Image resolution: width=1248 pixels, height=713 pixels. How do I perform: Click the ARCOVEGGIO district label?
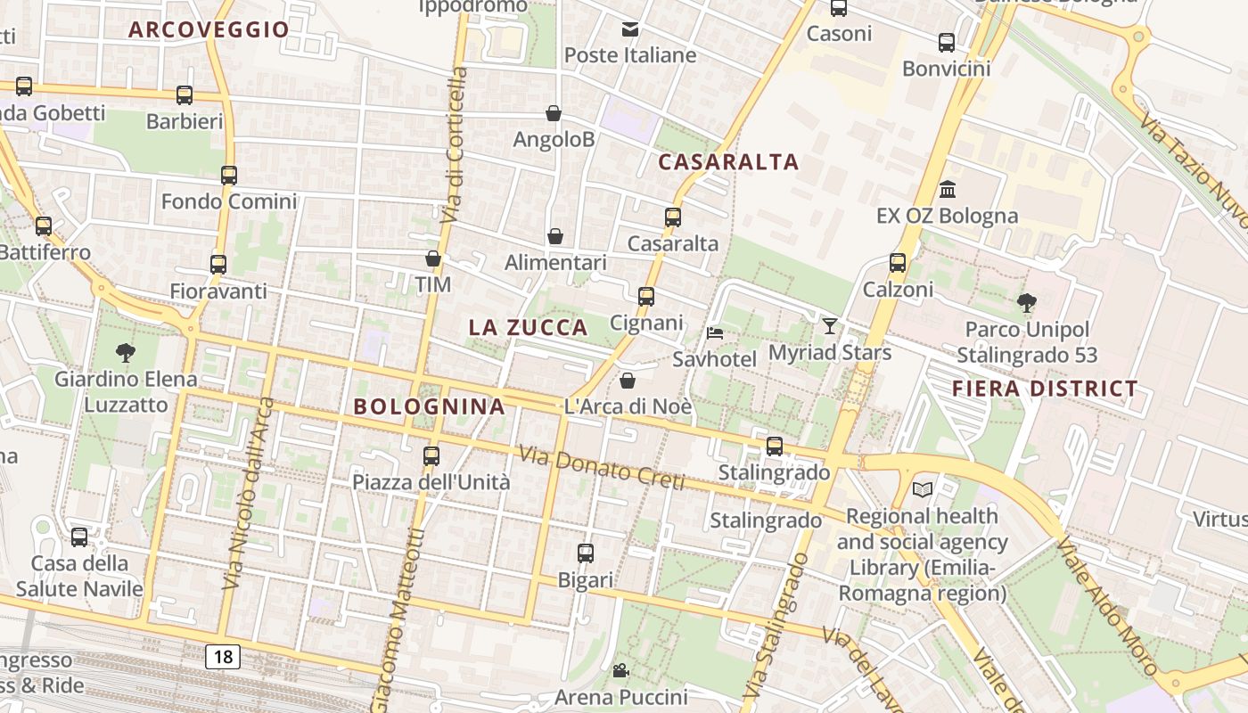[x=209, y=29]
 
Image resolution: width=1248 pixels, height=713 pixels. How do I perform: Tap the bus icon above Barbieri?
[x=185, y=94]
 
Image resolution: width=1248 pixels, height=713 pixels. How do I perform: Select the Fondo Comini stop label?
[x=228, y=201]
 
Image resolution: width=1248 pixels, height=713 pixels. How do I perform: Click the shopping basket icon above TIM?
[x=433, y=258]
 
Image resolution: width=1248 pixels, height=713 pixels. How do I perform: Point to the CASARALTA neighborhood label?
[x=728, y=162]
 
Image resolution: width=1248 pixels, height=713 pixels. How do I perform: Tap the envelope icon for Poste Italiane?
[x=630, y=29]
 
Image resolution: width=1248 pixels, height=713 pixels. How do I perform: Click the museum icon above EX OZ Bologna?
[x=947, y=190]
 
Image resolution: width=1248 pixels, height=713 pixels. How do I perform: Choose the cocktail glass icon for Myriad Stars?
[x=830, y=326]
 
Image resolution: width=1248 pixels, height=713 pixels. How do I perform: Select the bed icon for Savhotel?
[x=715, y=333]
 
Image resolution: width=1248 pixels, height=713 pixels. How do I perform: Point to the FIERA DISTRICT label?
[x=1045, y=389]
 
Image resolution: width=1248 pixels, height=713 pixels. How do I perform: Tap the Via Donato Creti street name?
[x=603, y=469]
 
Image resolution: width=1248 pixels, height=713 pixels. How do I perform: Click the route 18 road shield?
[x=223, y=657]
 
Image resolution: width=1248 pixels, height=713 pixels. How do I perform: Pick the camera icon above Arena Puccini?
[x=620, y=670]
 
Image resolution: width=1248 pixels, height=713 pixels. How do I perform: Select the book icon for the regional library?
[x=923, y=489]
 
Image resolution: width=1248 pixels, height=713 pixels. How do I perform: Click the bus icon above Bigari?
[x=586, y=553]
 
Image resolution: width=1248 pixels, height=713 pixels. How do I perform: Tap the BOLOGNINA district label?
[x=429, y=406]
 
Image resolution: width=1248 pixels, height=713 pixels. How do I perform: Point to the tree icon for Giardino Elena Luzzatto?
[x=126, y=353]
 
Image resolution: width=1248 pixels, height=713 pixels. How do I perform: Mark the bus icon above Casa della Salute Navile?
[x=79, y=537]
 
